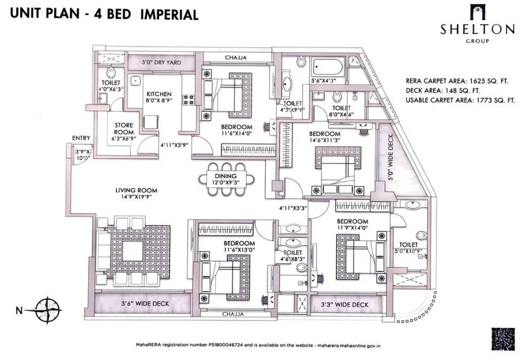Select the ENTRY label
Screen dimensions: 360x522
(81, 138)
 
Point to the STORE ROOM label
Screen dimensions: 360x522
(124, 129)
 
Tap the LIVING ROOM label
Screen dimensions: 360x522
(136, 190)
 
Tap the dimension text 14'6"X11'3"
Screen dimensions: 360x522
(325, 140)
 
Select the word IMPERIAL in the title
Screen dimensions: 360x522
(169, 14)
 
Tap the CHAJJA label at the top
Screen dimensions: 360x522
(235, 58)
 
